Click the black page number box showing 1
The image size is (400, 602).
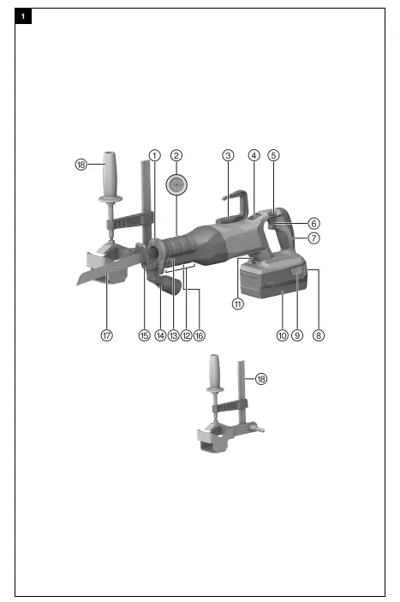click(23, 17)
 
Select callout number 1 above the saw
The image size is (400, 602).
click(154, 155)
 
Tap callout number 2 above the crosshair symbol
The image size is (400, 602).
click(176, 155)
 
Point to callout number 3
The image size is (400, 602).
click(228, 155)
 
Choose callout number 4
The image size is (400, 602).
click(254, 155)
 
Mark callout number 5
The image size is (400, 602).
click(273, 155)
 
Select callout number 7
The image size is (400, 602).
click(313, 238)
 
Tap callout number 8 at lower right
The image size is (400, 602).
click(319, 336)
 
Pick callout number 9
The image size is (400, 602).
click(297, 336)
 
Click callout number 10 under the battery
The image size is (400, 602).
click(282, 336)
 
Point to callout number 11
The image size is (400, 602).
click(237, 302)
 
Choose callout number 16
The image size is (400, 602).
click(199, 336)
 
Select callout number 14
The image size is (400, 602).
click(159, 336)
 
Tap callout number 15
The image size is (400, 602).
click(144, 336)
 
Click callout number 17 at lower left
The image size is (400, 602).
click(106, 336)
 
